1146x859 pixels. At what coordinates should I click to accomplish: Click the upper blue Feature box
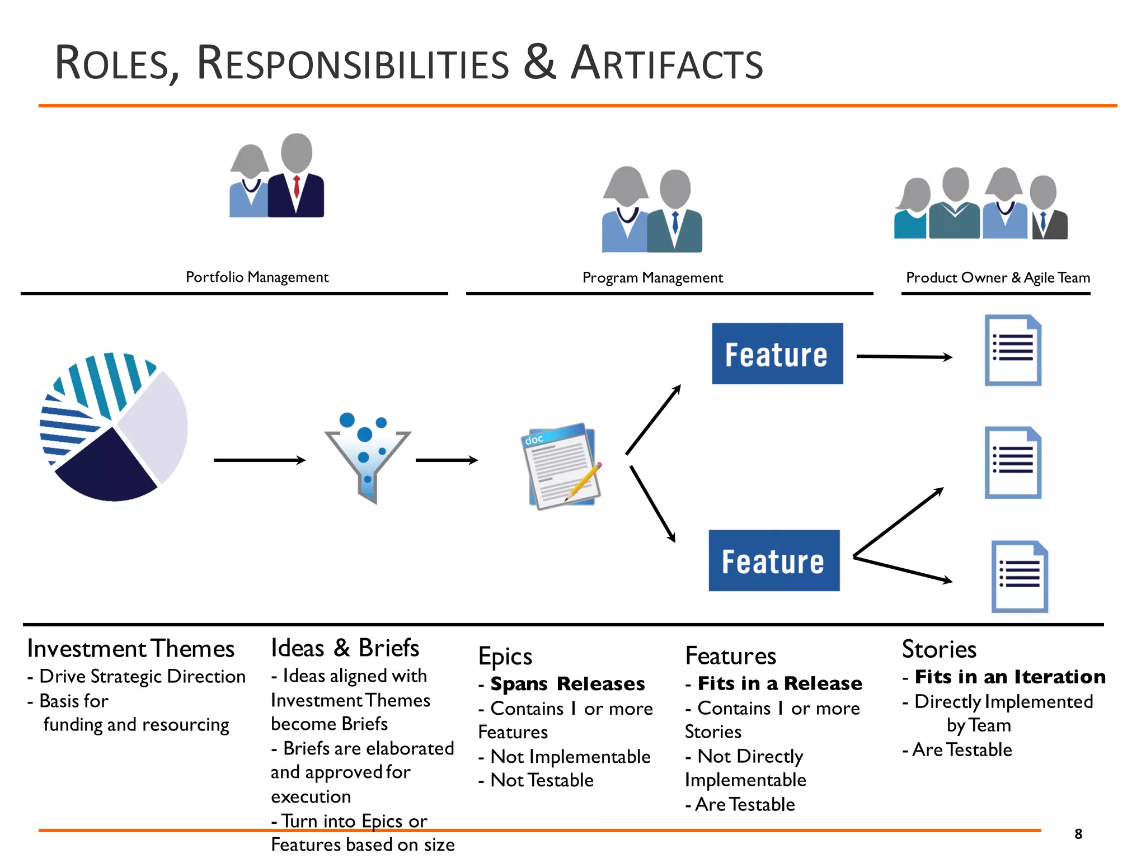pyautogui.click(x=777, y=353)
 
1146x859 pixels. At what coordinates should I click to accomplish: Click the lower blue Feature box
pyautogui.click(x=773, y=560)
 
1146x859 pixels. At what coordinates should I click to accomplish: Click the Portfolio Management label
pyautogui.click(x=257, y=277)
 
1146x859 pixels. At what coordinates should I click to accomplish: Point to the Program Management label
pyautogui.click(x=652, y=278)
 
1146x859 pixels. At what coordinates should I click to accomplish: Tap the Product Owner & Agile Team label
pyautogui.click(x=998, y=278)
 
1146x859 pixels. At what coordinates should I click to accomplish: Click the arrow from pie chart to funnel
pyautogui.click(x=259, y=460)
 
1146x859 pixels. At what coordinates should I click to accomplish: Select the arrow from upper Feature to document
pyautogui.click(x=903, y=356)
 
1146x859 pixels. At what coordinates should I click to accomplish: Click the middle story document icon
pyautogui.click(x=1013, y=463)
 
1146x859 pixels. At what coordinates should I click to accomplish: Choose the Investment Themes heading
pyautogui.click(x=131, y=649)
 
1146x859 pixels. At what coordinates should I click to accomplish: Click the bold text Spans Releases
pyautogui.click(x=567, y=683)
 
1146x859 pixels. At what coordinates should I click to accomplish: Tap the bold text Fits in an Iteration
pyautogui.click(x=1009, y=677)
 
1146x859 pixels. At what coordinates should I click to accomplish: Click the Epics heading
pyautogui.click(x=505, y=657)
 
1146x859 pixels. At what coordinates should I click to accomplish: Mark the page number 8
pyautogui.click(x=1078, y=834)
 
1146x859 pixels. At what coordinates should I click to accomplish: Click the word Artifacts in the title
pyautogui.click(x=666, y=63)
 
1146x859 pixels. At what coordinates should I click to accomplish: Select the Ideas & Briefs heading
pyautogui.click(x=345, y=648)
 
